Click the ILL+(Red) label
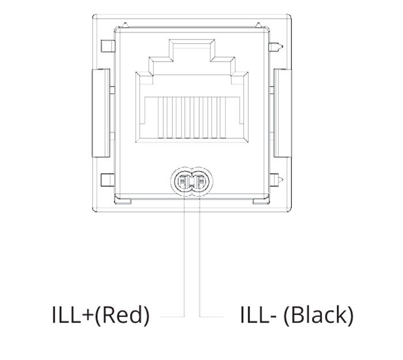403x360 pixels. (x=101, y=315)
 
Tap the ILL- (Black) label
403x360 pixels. (x=296, y=315)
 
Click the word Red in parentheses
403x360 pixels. (x=122, y=315)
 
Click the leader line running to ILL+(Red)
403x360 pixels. (x=184, y=257)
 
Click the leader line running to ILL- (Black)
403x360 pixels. (x=200, y=257)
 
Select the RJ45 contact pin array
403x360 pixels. (x=192, y=117)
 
